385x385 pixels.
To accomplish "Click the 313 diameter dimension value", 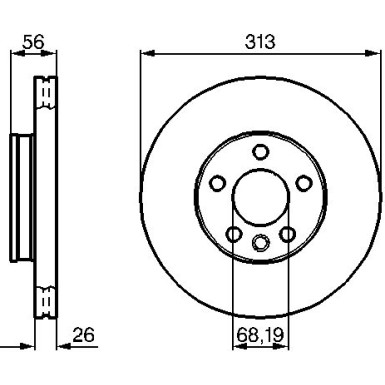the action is pyautogui.click(x=260, y=42).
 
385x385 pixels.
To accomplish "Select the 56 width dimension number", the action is pyautogui.click(x=33, y=42).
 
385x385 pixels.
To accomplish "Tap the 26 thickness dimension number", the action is pyautogui.click(x=84, y=335).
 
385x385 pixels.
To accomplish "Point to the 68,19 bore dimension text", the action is pyautogui.click(x=260, y=335).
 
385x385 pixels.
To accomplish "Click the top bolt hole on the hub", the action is pyautogui.click(x=261, y=152).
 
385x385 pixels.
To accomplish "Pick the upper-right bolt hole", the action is pyautogui.click(x=304, y=183).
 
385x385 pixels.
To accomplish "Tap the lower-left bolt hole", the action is pyautogui.click(x=234, y=234).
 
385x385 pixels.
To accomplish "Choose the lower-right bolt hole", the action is pyautogui.click(x=287, y=234).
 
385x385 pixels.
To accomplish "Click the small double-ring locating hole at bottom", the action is pyautogui.click(x=261, y=242).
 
